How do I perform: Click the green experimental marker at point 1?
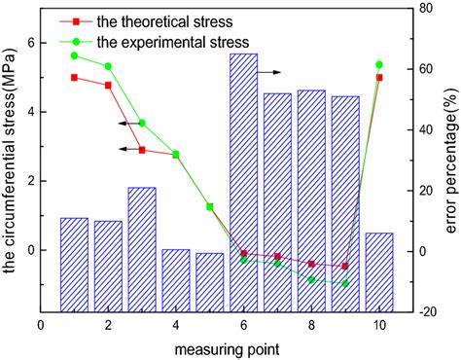[74, 55]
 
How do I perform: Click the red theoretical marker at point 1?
[74, 78]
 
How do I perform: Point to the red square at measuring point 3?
[142, 150]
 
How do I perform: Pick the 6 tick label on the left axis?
[29, 43]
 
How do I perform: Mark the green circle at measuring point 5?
[209, 206]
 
